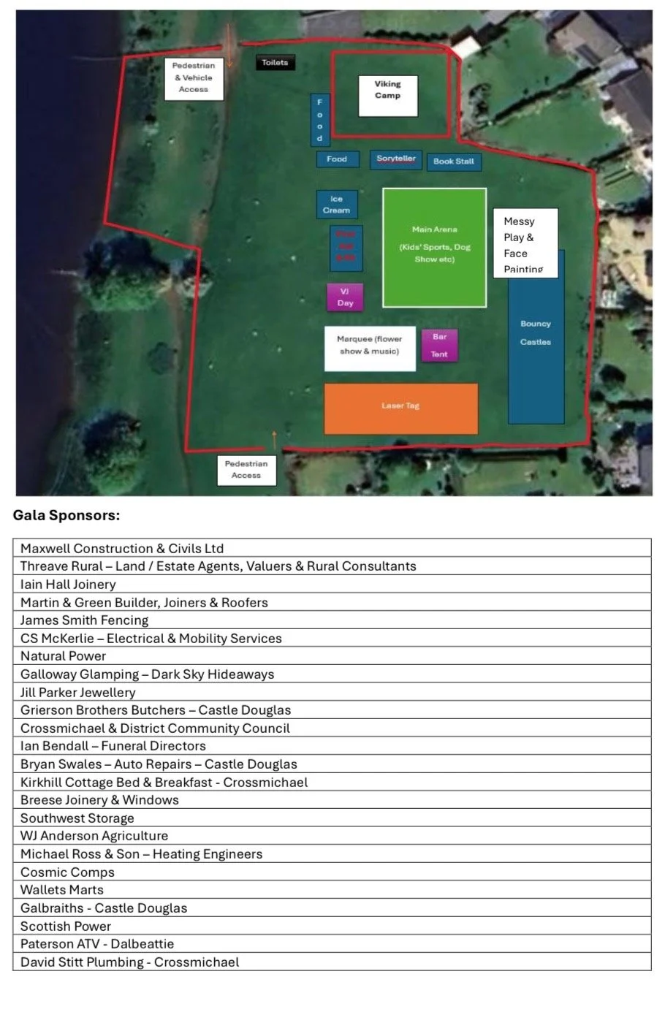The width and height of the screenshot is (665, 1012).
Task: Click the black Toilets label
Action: point(275,63)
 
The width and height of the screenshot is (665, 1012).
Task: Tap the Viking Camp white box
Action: point(387,96)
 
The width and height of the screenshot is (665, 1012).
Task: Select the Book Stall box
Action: point(454,161)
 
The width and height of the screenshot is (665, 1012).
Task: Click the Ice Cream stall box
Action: point(336,205)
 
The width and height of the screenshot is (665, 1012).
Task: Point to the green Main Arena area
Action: point(434,247)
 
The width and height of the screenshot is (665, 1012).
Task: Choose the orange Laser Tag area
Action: point(400,408)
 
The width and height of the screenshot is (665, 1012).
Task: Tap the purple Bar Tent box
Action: point(439,346)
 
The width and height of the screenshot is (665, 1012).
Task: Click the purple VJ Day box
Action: point(345,297)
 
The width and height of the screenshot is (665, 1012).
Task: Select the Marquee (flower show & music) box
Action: point(369,347)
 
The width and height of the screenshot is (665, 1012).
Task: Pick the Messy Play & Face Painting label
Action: point(525,243)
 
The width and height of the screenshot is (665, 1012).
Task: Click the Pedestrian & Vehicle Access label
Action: point(194,77)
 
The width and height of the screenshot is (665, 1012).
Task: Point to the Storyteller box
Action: point(395,159)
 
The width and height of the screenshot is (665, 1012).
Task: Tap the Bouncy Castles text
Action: point(536,332)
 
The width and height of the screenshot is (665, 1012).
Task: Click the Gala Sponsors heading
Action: point(66,516)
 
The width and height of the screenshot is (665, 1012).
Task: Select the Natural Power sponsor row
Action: point(64,656)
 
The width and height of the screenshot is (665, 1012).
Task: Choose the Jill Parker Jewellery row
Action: point(78,692)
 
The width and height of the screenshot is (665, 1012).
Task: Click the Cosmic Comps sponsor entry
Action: point(68,872)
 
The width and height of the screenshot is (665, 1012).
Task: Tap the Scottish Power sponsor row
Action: point(66,926)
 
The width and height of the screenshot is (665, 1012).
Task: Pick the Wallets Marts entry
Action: point(62,890)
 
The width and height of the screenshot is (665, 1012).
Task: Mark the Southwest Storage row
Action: point(77,818)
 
